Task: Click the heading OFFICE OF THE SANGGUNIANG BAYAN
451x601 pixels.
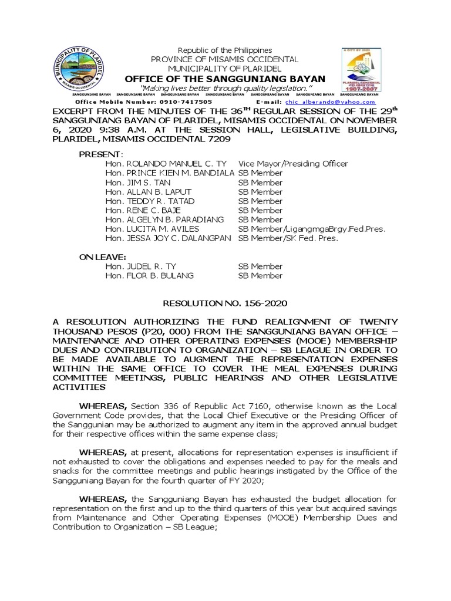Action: [225, 79]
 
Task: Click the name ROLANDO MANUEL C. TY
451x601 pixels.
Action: [171, 164]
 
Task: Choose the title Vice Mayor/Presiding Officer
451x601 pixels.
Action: [292, 164]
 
